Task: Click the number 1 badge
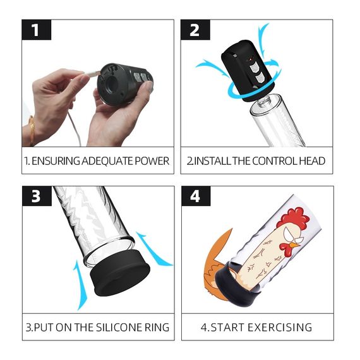point(36,30)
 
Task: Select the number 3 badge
point(36,196)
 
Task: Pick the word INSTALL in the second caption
point(213,161)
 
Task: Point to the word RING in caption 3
point(155,327)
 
